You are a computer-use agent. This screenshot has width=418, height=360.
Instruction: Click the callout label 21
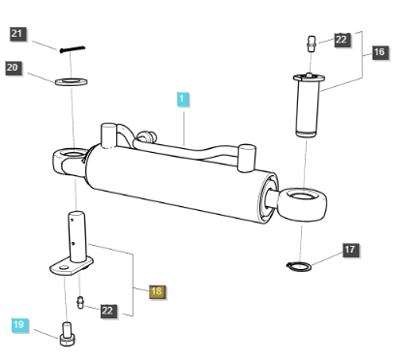18,34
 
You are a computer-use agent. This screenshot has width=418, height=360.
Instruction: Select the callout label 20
14,68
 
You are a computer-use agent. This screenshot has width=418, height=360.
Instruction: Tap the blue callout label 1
183,99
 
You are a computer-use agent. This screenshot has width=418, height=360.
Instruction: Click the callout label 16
377,52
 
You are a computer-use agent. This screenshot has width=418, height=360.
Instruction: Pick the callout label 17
350,250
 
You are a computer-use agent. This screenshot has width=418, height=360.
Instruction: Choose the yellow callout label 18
156,290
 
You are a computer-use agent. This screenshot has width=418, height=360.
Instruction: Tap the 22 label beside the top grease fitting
343,40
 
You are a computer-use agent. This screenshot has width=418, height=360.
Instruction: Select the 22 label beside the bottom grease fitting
108,311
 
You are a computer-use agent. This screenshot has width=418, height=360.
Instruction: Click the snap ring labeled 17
300,264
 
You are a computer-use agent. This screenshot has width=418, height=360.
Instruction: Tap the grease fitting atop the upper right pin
310,44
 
